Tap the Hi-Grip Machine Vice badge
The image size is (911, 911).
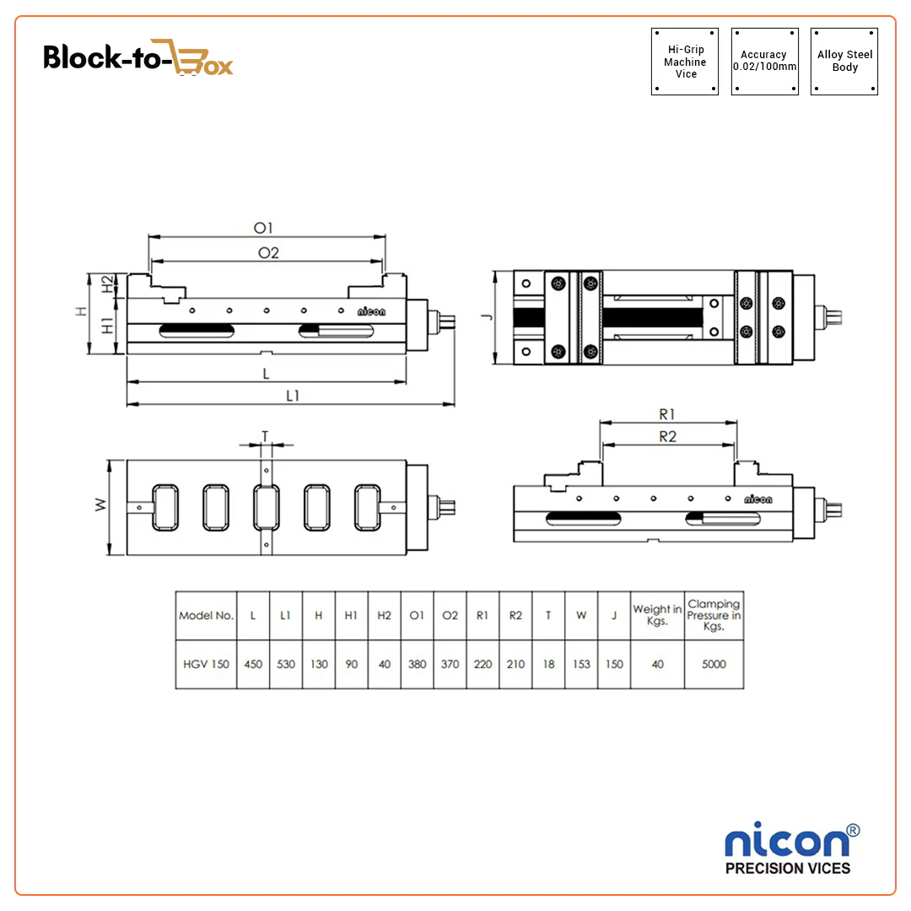(685, 62)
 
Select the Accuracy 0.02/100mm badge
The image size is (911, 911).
(764, 61)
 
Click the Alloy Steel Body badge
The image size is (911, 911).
(844, 61)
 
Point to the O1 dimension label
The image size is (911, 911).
(265, 228)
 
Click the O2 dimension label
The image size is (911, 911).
(267, 253)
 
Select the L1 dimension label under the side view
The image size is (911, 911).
(292, 395)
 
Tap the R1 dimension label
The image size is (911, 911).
(667, 413)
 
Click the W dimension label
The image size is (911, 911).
(100, 505)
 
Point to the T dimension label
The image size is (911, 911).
(265, 435)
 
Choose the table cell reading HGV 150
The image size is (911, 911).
(206, 664)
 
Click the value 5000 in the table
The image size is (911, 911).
(714, 664)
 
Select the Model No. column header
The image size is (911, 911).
(206, 615)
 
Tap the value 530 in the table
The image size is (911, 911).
(286, 664)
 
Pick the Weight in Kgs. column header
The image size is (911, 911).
(657, 615)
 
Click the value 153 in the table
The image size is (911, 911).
(581, 664)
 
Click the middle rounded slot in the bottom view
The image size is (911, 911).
(267, 507)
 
